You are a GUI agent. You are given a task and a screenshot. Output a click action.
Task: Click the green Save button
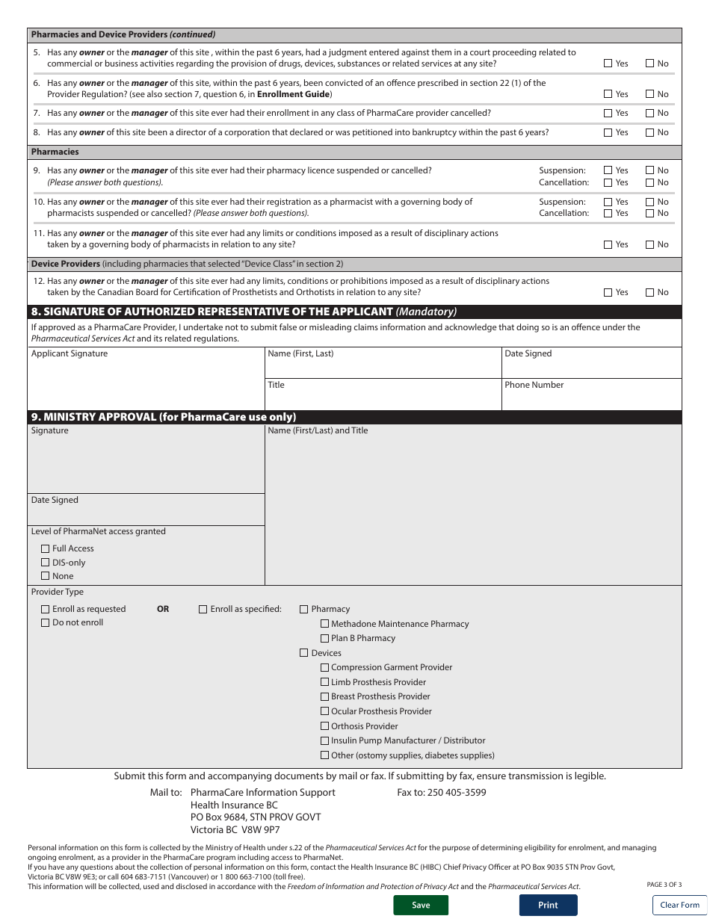(x=421, y=905)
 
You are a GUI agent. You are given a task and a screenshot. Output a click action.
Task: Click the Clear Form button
(x=679, y=905)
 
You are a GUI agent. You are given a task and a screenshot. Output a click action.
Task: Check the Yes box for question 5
(x=608, y=64)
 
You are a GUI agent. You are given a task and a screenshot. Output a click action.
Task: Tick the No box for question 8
(x=649, y=132)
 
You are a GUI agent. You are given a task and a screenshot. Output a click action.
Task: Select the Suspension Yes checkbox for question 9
(x=608, y=170)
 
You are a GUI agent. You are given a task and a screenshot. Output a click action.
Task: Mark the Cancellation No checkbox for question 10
(x=649, y=213)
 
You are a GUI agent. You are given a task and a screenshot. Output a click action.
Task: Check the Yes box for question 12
(x=608, y=292)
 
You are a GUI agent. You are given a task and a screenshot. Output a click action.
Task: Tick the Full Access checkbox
(x=46, y=548)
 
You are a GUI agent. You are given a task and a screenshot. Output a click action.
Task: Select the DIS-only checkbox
(x=46, y=563)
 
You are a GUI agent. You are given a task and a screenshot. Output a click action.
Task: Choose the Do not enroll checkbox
(x=46, y=622)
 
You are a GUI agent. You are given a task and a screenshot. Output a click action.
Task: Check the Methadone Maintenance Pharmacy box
(x=324, y=624)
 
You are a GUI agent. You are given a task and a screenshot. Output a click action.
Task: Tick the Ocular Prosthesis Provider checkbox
(x=324, y=711)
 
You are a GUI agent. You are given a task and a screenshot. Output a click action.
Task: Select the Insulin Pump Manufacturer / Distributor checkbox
(x=324, y=740)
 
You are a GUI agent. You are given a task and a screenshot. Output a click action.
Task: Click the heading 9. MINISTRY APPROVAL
(x=163, y=417)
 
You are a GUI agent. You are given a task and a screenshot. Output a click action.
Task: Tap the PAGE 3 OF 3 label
(x=664, y=885)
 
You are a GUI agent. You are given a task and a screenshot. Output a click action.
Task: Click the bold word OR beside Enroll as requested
(x=163, y=609)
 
